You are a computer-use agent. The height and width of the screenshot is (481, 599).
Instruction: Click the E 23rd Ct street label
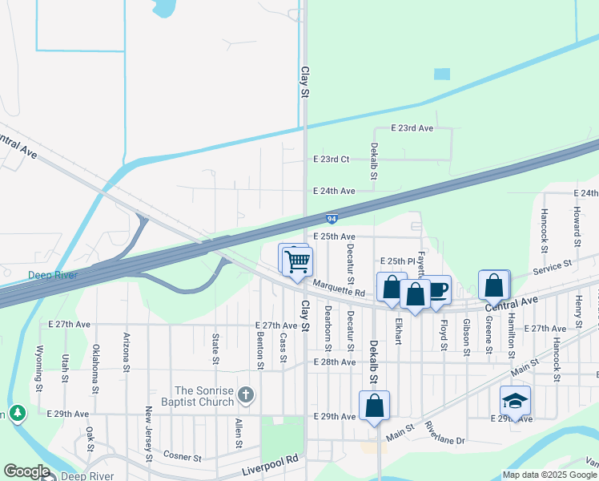pyautogui.click(x=333, y=160)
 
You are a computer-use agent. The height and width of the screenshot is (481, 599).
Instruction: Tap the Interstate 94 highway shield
pyautogui.click(x=332, y=218)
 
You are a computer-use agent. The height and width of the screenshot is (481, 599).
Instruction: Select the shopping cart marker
pyautogui.click(x=297, y=261)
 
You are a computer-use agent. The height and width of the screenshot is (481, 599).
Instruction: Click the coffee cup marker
pyautogui.click(x=438, y=289)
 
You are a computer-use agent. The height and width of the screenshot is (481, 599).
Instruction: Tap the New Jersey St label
pyautogui.click(x=148, y=434)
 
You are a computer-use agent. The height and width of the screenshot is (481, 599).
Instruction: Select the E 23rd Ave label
pyautogui.click(x=412, y=128)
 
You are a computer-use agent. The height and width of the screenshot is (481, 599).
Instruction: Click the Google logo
pyautogui.click(x=26, y=471)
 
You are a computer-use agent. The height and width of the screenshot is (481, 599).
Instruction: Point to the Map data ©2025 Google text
pyautogui.click(x=549, y=475)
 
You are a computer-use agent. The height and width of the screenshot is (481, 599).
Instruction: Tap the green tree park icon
pyautogui.click(x=16, y=414)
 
